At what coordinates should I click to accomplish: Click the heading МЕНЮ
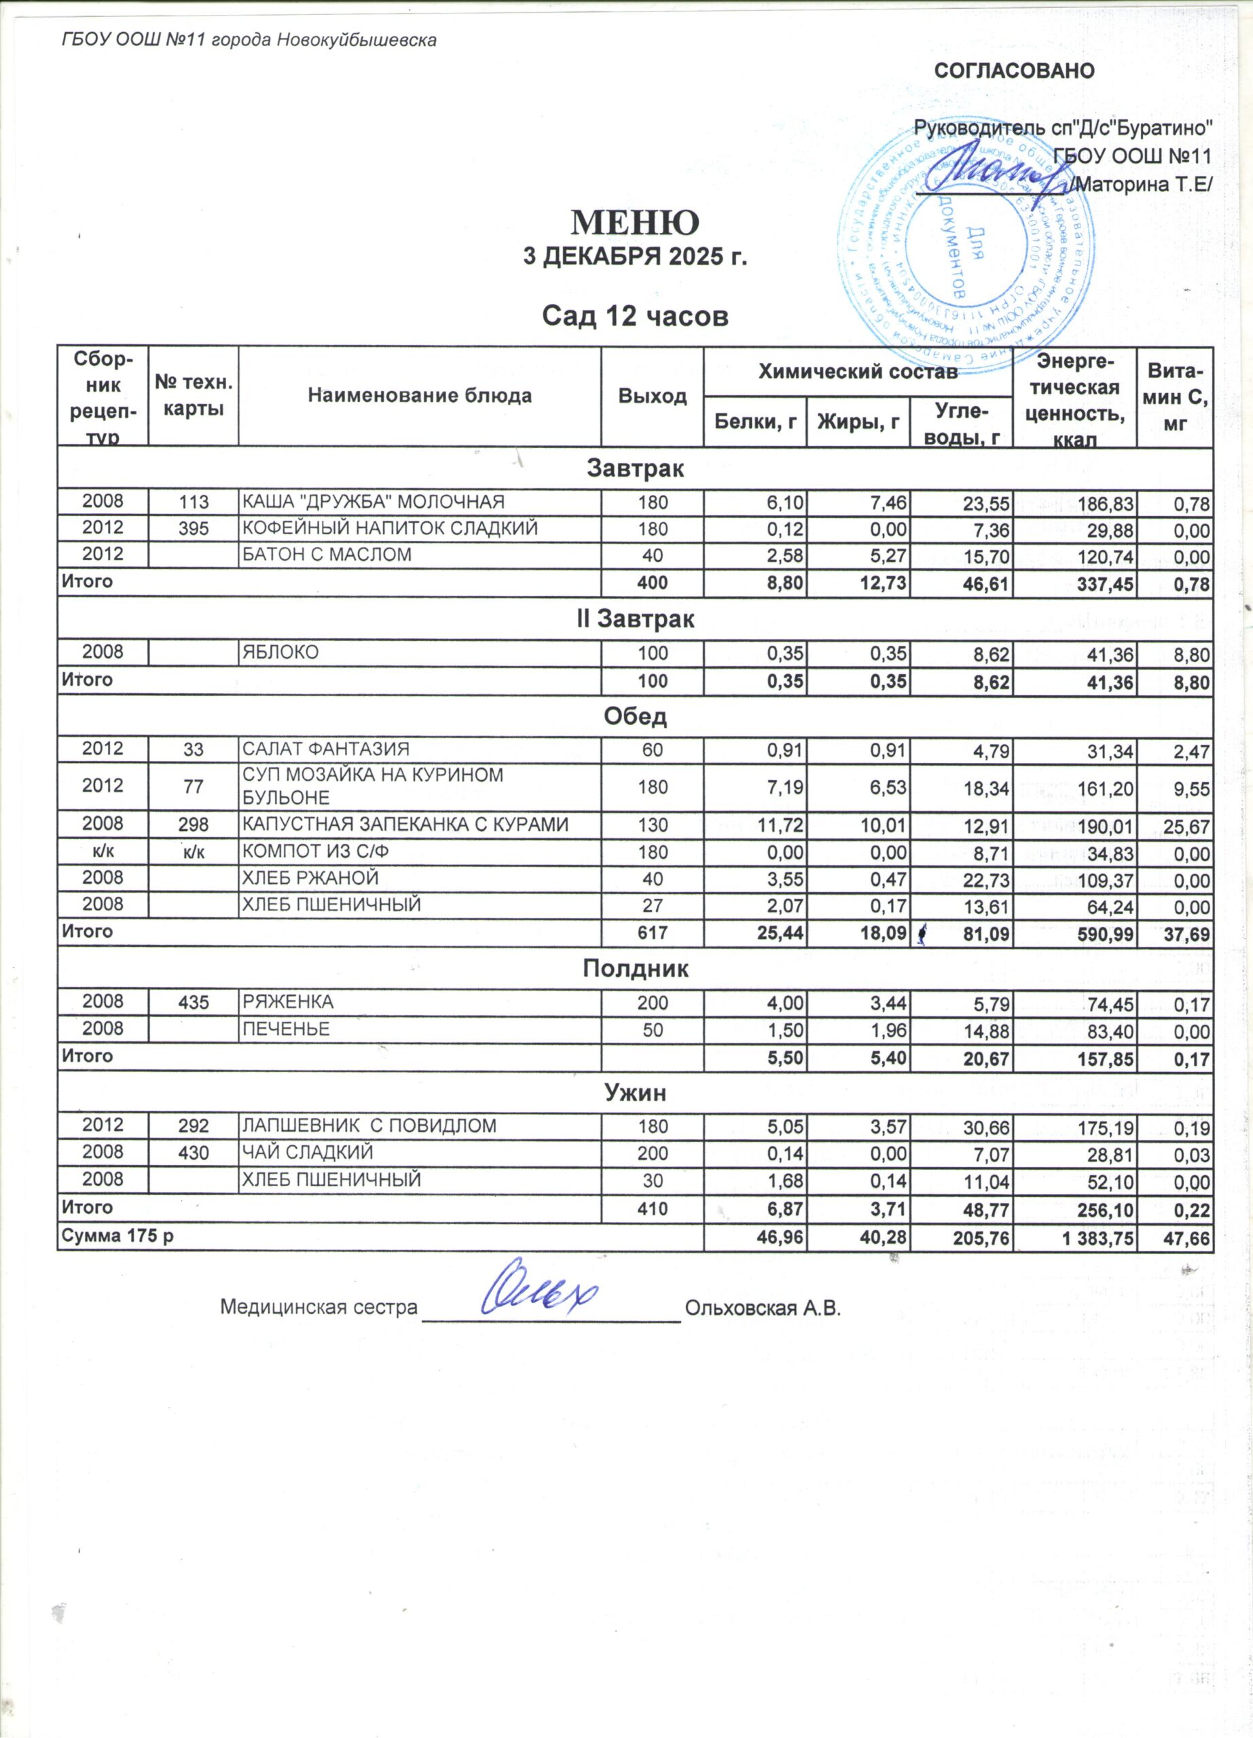[x=634, y=222]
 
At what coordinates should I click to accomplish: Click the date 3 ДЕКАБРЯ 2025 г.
[x=634, y=257]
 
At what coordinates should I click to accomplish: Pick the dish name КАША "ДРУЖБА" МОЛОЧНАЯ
[x=374, y=502]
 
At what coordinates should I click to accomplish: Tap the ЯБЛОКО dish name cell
[x=280, y=652]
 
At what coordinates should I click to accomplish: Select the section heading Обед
[x=634, y=716]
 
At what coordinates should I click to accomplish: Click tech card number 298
[x=193, y=826]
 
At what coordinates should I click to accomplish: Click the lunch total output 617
[x=652, y=933]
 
